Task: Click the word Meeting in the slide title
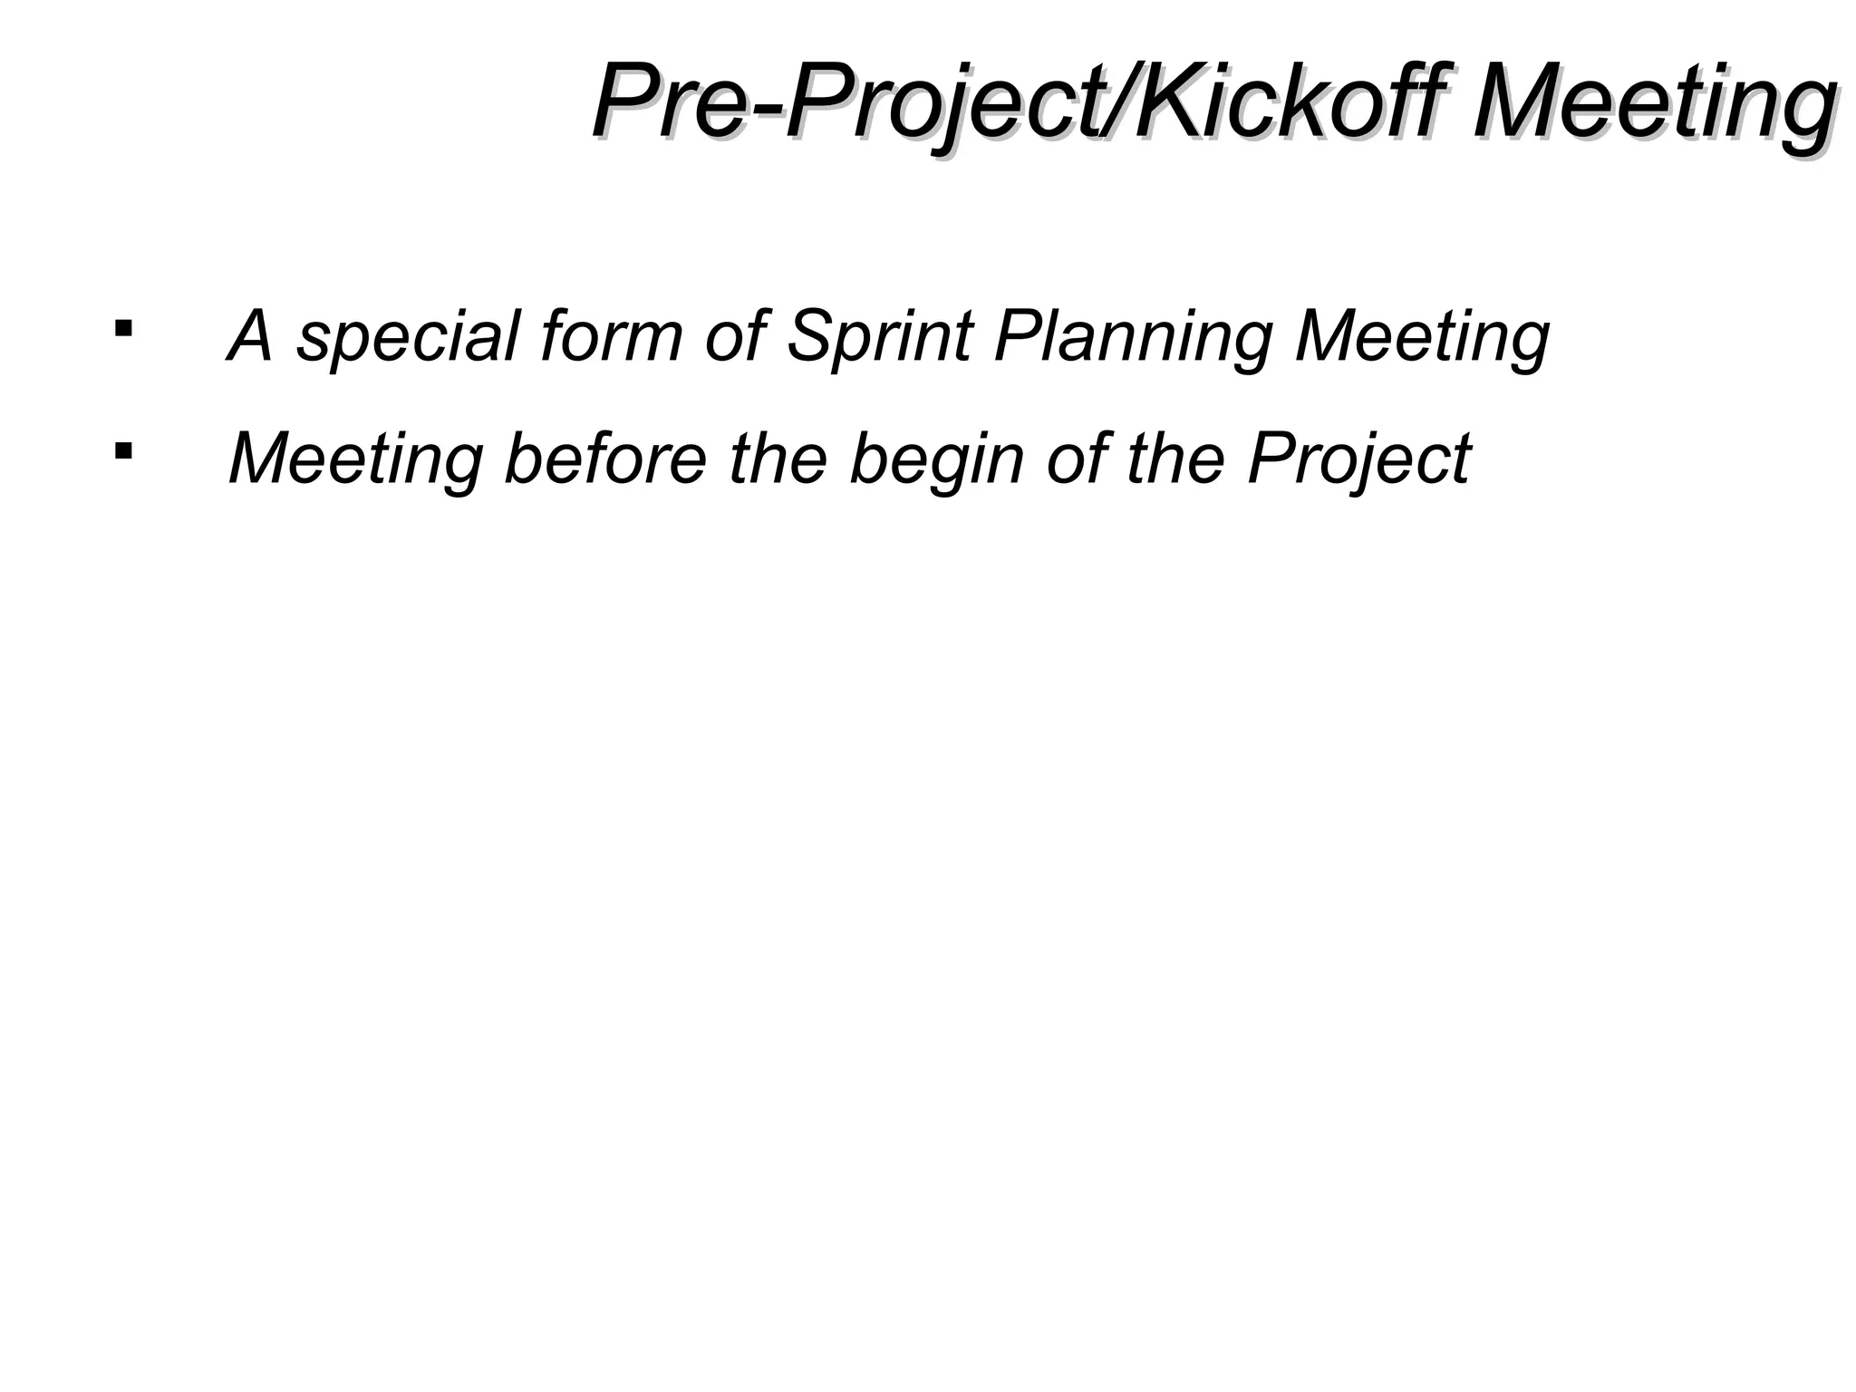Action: (1654, 101)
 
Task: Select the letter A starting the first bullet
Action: (250, 335)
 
